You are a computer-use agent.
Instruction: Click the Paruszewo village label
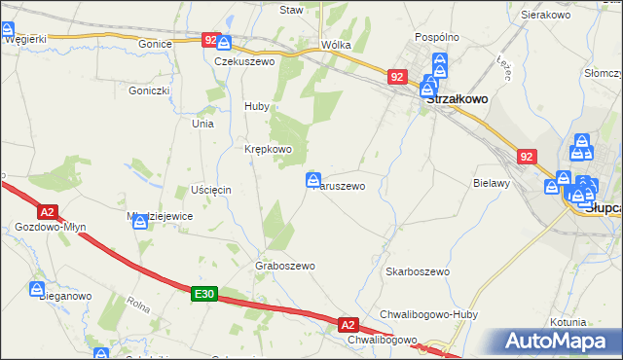[x=340, y=185]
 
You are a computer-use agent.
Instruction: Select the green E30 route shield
[x=202, y=293]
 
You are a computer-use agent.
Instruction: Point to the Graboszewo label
[x=285, y=266]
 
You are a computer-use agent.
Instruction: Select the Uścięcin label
[x=210, y=189]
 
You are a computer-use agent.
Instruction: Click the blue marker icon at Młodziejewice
[x=141, y=222]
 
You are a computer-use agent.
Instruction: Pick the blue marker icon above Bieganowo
[x=37, y=289]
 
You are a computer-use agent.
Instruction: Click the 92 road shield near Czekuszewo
[x=211, y=39]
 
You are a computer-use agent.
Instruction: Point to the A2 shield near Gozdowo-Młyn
[x=47, y=210]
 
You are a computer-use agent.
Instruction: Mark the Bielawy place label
[x=492, y=183]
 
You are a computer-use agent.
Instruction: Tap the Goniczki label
[x=149, y=90]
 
